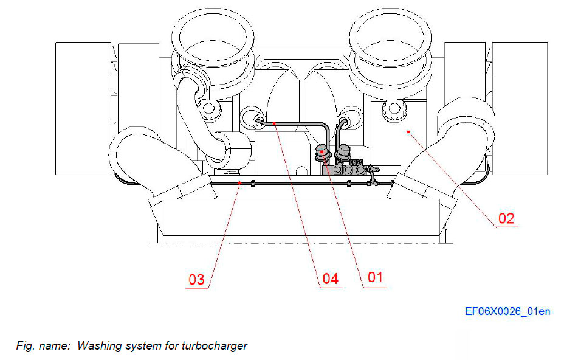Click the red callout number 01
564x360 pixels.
click(375, 277)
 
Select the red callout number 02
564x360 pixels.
click(506, 218)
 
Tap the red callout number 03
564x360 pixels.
click(196, 280)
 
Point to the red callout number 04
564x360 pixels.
click(330, 279)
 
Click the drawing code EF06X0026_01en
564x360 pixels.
click(507, 311)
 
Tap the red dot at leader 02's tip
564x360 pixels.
click(409, 130)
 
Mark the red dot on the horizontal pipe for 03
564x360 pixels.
click(240, 182)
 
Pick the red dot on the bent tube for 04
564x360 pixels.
click(275, 123)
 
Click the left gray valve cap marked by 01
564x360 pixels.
click(323, 152)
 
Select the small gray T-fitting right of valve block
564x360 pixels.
click(371, 179)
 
